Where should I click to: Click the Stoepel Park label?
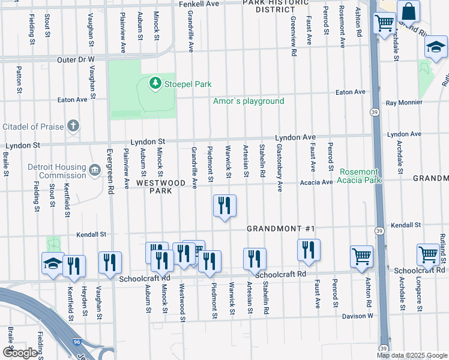(187, 84)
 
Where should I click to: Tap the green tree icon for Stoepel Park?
(155, 83)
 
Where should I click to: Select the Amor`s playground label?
(249, 101)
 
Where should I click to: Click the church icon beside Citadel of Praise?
(73, 126)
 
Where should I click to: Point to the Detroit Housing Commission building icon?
(94, 171)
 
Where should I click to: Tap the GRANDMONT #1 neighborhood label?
(281, 229)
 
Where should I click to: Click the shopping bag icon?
(408, 11)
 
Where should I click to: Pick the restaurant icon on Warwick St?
(225, 206)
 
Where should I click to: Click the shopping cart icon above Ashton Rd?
(362, 257)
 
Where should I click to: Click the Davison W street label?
(358, 316)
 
